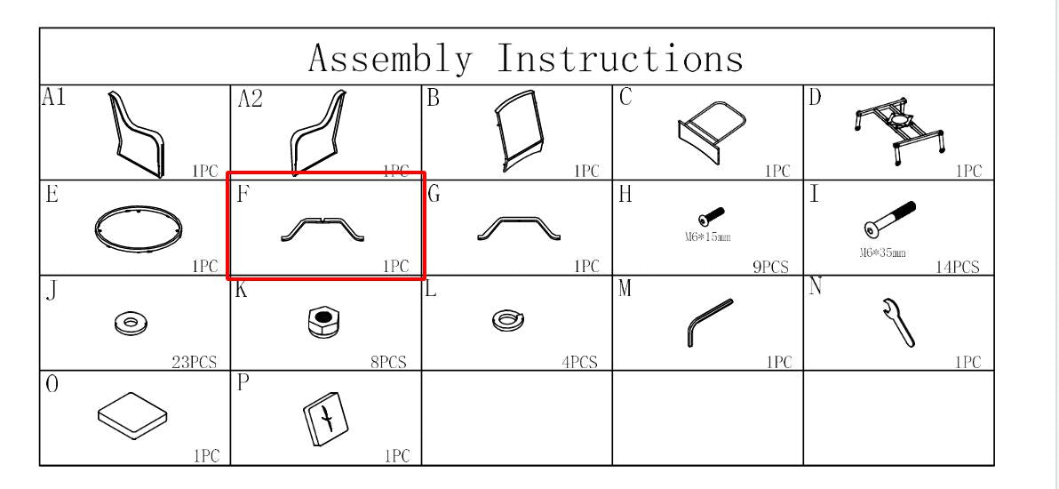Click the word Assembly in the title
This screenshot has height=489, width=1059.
pos(390,59)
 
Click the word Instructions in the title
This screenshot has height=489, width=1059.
pos(620,58)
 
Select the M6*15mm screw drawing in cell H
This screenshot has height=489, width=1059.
pos(711,216)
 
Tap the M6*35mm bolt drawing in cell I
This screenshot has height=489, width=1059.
pos(890,219)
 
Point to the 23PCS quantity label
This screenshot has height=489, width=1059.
pos(195,363)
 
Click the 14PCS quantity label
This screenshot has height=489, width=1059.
pos(957,267)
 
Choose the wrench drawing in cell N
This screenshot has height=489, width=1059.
pos(898,323)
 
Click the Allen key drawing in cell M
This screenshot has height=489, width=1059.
pos(708,324)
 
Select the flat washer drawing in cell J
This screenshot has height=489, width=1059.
pos(131,322)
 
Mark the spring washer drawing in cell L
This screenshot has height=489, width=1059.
pos(509,321)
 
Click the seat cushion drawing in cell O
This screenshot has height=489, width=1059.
pos(132,417)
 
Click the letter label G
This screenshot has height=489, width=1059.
pos(434,194)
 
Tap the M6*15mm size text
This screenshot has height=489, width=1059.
pos(707,236)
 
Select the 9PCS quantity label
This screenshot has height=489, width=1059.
pos(770,267)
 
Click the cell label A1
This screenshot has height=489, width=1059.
pos(54,98)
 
